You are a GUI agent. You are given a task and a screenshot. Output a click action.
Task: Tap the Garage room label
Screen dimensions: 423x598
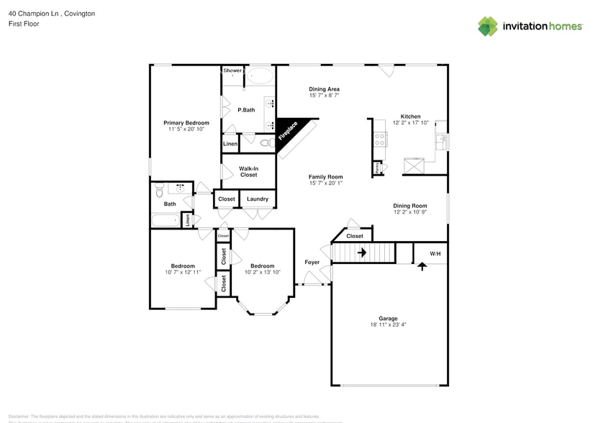388,318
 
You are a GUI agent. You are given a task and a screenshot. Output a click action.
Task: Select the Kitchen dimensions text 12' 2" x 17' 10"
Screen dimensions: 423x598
410,123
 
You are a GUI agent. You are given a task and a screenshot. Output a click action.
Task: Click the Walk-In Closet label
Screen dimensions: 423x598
248,171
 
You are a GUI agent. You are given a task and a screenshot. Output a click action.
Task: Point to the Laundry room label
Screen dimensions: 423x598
257,199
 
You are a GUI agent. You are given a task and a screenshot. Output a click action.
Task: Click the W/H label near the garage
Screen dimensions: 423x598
435,254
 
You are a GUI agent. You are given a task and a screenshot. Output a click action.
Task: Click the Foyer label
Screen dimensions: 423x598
312,263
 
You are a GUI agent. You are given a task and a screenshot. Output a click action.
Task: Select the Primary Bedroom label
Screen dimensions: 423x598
186,123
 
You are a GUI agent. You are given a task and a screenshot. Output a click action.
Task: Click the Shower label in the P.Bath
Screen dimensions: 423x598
232,70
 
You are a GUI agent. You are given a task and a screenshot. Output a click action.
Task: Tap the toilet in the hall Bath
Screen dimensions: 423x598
160,190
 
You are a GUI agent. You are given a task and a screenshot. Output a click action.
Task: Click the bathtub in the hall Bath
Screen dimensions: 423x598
167,221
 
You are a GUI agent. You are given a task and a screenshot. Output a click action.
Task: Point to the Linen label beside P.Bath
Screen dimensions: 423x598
230,145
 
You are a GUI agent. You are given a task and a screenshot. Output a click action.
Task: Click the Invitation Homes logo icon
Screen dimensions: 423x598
488,27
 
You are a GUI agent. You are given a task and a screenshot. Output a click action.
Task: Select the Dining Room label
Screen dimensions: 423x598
410,206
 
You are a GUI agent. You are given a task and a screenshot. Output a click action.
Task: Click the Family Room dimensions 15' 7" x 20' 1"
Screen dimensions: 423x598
325,183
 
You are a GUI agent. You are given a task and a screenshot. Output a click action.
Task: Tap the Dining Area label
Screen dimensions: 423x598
324,89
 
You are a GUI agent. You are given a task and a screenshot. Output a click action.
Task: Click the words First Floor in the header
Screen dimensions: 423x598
23,24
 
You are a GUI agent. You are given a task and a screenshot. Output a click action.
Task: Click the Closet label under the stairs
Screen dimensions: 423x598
355,236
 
